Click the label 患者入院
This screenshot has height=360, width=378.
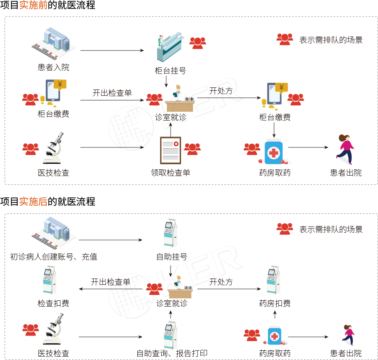(53, 68)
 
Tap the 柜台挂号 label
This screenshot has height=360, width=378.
(170, 71)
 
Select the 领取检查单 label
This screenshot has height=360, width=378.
(170, 173)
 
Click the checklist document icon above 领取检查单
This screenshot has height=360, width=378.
(170, 150)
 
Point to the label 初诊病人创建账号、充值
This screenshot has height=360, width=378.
(53, 257)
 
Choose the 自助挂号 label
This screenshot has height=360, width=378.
(171, 257)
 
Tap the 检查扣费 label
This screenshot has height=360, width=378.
(53, 303)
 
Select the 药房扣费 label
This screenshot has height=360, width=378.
(275, 303)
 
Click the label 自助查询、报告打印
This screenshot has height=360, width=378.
(172, 353)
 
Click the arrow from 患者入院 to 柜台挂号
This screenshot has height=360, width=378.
(112, 51)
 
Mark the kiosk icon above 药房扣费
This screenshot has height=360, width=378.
(273, 279)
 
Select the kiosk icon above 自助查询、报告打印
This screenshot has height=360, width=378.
(170, 335)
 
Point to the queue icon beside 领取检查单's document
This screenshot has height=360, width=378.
(192, 149)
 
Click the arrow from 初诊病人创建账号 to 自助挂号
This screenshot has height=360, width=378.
(110, 240)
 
